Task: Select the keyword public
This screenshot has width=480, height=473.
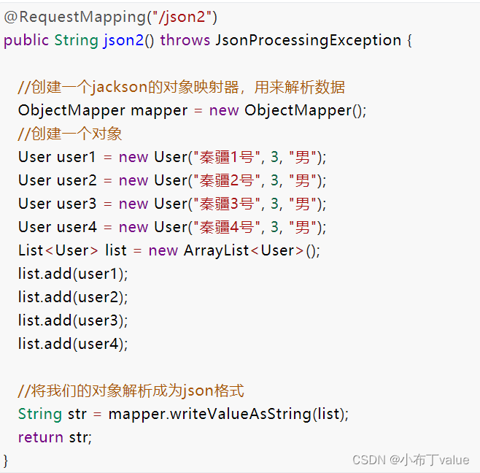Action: tap(26, 39)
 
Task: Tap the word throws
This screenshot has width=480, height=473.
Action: tap(185, 39)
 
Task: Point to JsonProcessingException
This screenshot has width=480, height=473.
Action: tap(309, 39)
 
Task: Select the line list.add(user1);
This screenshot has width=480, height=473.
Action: tap(73, 274)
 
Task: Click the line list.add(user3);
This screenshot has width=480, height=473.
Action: tap(73, 320)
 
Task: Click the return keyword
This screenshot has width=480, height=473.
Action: tap(41, 437)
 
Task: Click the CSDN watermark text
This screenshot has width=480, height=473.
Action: tap(411, 459)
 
